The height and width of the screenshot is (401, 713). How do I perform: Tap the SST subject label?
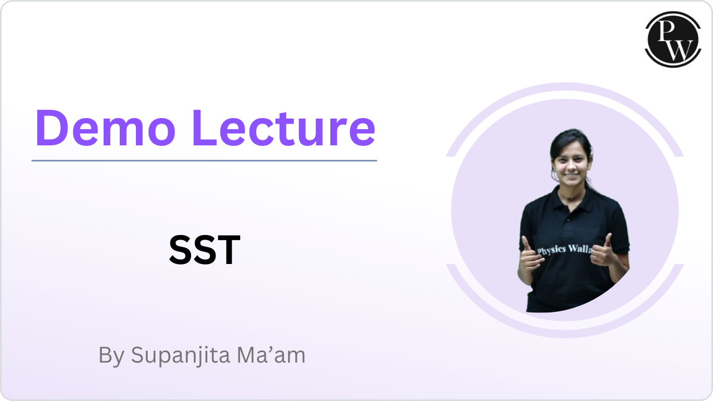pyautogui.click(x=204, y=251)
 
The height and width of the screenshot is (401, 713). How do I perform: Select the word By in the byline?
pyautogui.click(x=111, y=356)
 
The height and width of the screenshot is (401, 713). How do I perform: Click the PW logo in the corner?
pyautogui.click(x=673, y=39)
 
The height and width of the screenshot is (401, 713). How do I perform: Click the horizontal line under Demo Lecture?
pyautogui.click(x=204, y=160)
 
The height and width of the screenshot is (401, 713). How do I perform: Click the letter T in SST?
pyautogui.click(x=229, y=251)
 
